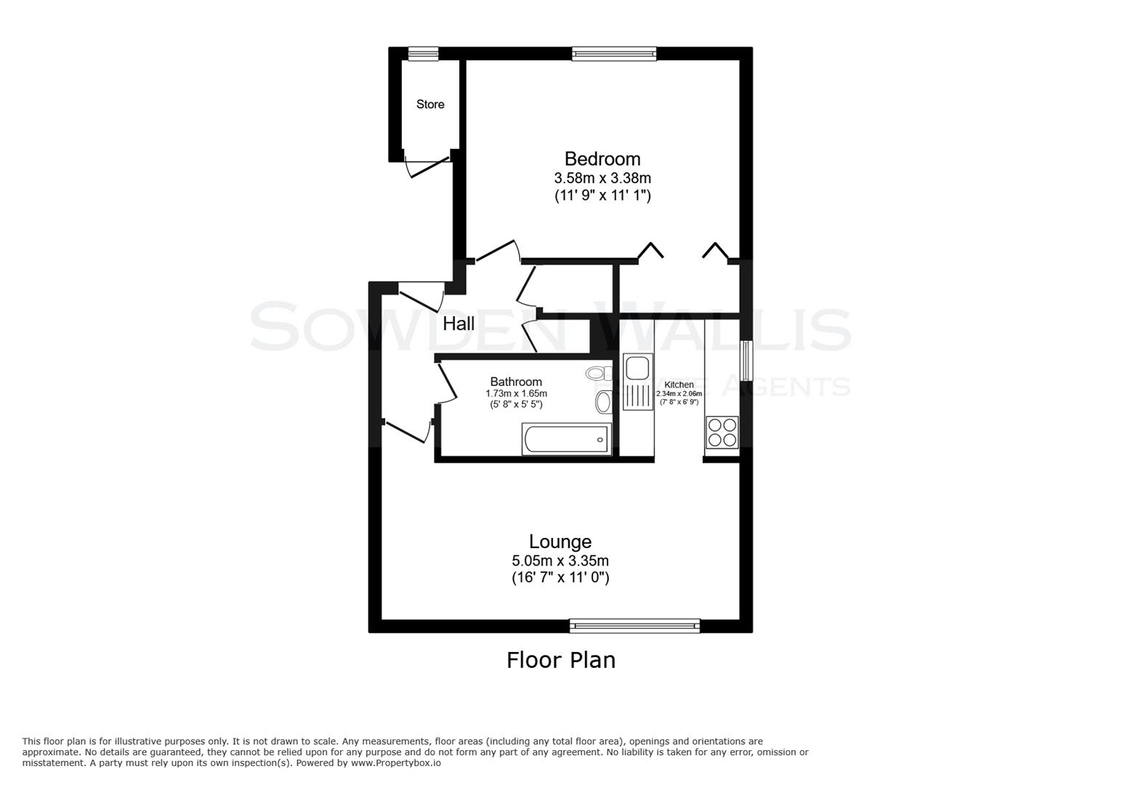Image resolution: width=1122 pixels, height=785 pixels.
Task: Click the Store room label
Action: [430, 105]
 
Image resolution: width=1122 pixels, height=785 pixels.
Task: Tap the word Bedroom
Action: [602, 158]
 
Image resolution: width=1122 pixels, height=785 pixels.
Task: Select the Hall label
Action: [459, 324]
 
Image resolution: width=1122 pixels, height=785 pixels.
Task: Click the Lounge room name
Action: [560, 542]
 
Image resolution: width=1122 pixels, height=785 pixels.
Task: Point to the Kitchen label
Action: [679, 385]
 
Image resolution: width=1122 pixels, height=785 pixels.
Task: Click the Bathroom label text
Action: [516, 382]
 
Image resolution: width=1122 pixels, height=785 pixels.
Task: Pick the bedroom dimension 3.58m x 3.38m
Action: [602, 178]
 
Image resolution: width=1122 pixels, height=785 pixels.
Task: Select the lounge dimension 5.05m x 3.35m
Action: [560, 561]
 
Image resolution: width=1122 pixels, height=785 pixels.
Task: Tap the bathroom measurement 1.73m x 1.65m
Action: [516, 393]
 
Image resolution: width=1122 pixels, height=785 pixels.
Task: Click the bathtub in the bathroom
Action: [566, 439]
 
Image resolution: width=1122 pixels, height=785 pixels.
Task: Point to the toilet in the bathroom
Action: [598, 374]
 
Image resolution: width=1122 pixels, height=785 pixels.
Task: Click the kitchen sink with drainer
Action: [638, 384]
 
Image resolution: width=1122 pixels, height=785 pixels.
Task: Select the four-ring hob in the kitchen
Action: [722, 432]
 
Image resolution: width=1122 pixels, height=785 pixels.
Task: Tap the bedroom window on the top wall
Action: [614, 53]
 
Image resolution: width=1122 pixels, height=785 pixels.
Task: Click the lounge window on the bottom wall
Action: [634, 625]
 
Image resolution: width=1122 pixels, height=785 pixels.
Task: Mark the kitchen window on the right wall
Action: [746, 359]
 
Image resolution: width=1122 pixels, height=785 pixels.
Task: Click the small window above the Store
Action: [423, 53]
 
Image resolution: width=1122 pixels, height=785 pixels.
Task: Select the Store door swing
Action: [427, 166]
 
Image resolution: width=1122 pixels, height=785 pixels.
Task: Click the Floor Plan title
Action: [561, 660]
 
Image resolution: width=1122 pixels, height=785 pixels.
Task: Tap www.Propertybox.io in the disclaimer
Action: [396, 763]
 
